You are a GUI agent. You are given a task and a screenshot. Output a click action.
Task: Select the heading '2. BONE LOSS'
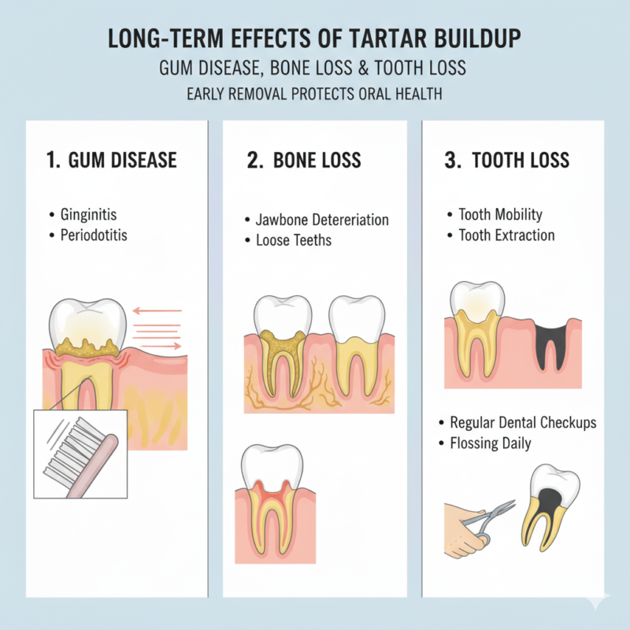coord(304,161)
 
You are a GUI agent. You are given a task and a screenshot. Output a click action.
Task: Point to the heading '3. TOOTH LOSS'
coord(507,161)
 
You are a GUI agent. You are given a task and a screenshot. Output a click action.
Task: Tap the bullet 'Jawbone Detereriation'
coord(322,220)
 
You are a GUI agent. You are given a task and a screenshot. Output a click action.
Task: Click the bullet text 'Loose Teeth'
coord(294,240)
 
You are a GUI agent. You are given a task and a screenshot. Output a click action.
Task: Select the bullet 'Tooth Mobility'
coord(501,214)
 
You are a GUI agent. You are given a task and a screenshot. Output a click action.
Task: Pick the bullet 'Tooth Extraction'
coord(506,235)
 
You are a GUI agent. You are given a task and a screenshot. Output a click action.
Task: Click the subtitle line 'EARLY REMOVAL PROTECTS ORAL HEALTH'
coord(315,94)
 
